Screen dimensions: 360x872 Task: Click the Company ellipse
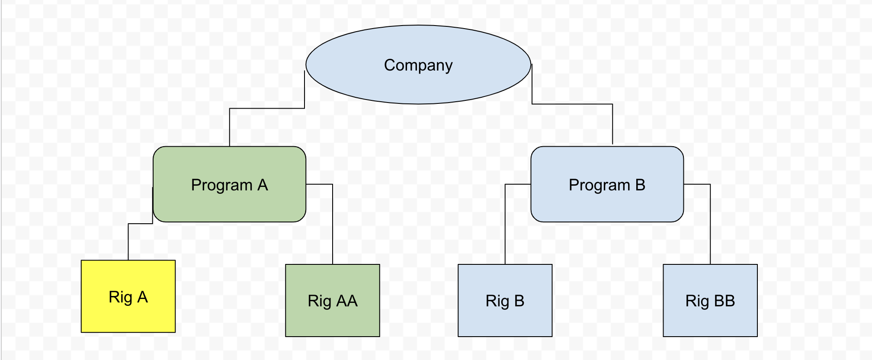pyautogui.click(x=418, y=87)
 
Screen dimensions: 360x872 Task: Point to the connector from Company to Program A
pyautogui.click(x=267, y=108)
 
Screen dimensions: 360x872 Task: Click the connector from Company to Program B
pyautogui.click(x=572, y=104)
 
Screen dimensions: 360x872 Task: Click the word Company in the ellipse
pyautogui.click(x=418, y=65)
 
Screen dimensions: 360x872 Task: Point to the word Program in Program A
pyautogui.click(x=221, y=185)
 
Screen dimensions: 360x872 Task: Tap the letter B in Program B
pyautogui.click(x=640, y=185)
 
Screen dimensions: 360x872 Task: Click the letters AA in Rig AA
pyautogui.click(x=347, y=301)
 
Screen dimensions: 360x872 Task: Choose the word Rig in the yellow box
pyautogui.click(x=120, y=297)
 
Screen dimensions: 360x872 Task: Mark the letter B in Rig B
pyautogui.click(x=519, y=301)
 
